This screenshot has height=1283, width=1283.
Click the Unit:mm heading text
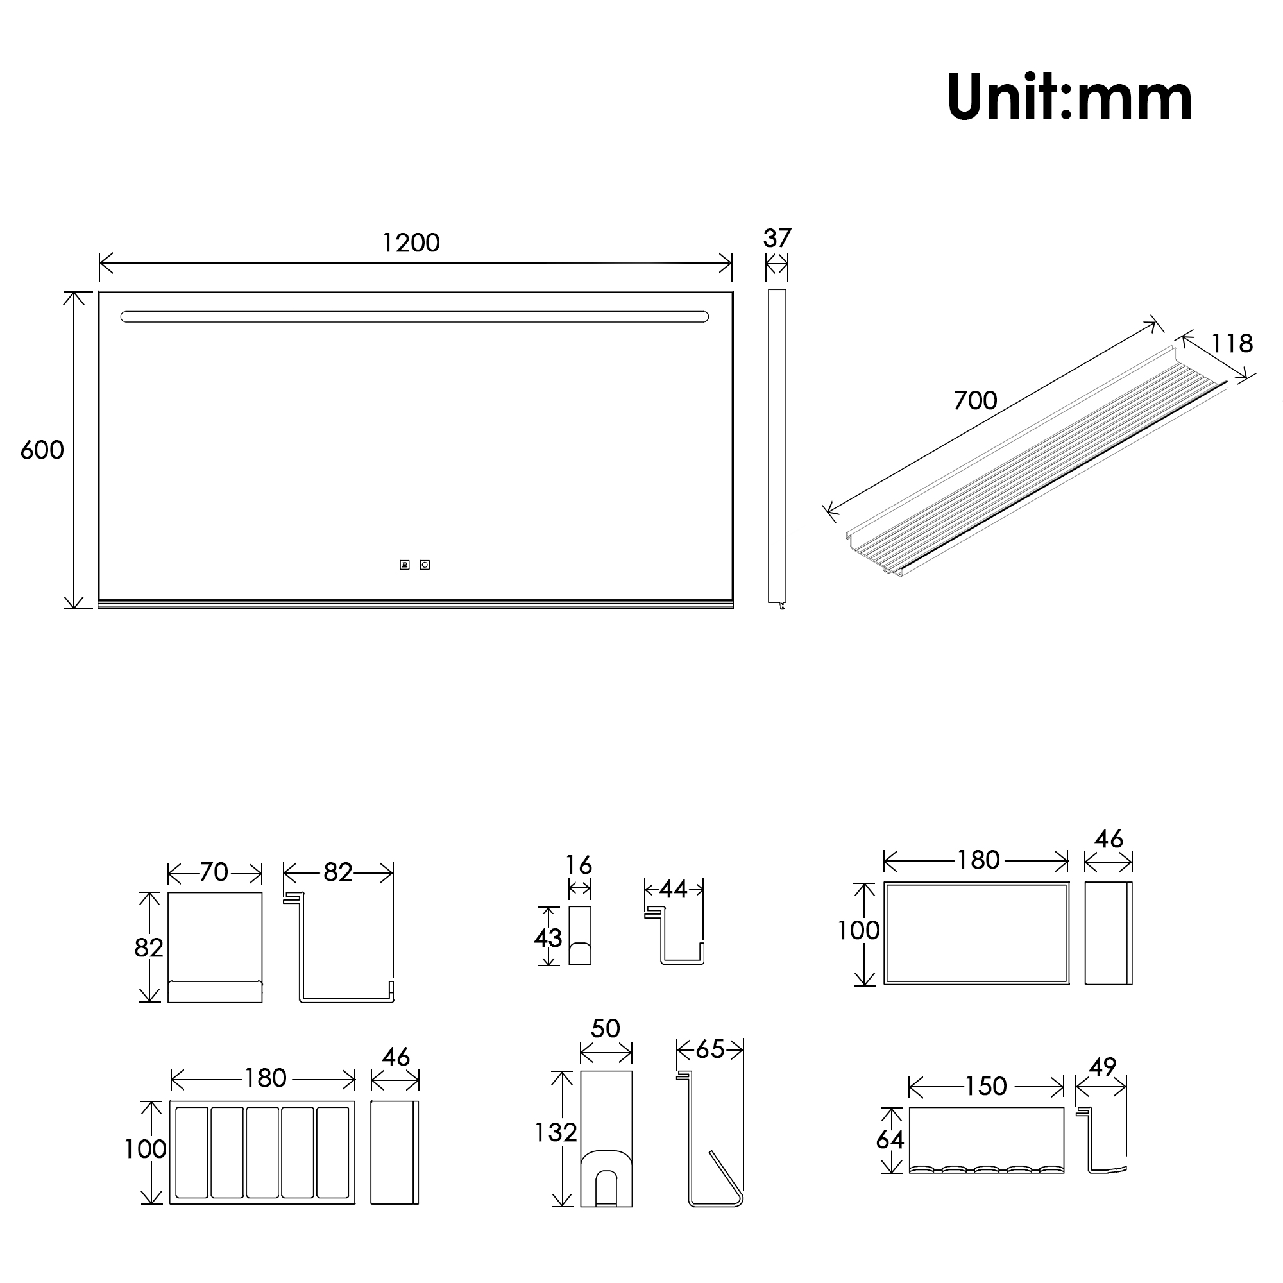(x=1069, y=97)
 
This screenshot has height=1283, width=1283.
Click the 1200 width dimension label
(x=411, y=243)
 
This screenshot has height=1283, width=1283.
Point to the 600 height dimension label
(x=42, y=450)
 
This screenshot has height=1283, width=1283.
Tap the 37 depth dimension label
(x=777, y=239)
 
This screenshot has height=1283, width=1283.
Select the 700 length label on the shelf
(x=976, y=400)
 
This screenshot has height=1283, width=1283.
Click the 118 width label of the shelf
(x=1232, y=343)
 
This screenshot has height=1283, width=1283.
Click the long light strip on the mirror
(x=414, y=317)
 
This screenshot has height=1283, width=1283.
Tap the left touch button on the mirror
(x=404, y=565)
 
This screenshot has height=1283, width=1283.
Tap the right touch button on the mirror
(x=425, y=565)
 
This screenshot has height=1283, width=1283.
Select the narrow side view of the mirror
(x=777, y=448)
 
